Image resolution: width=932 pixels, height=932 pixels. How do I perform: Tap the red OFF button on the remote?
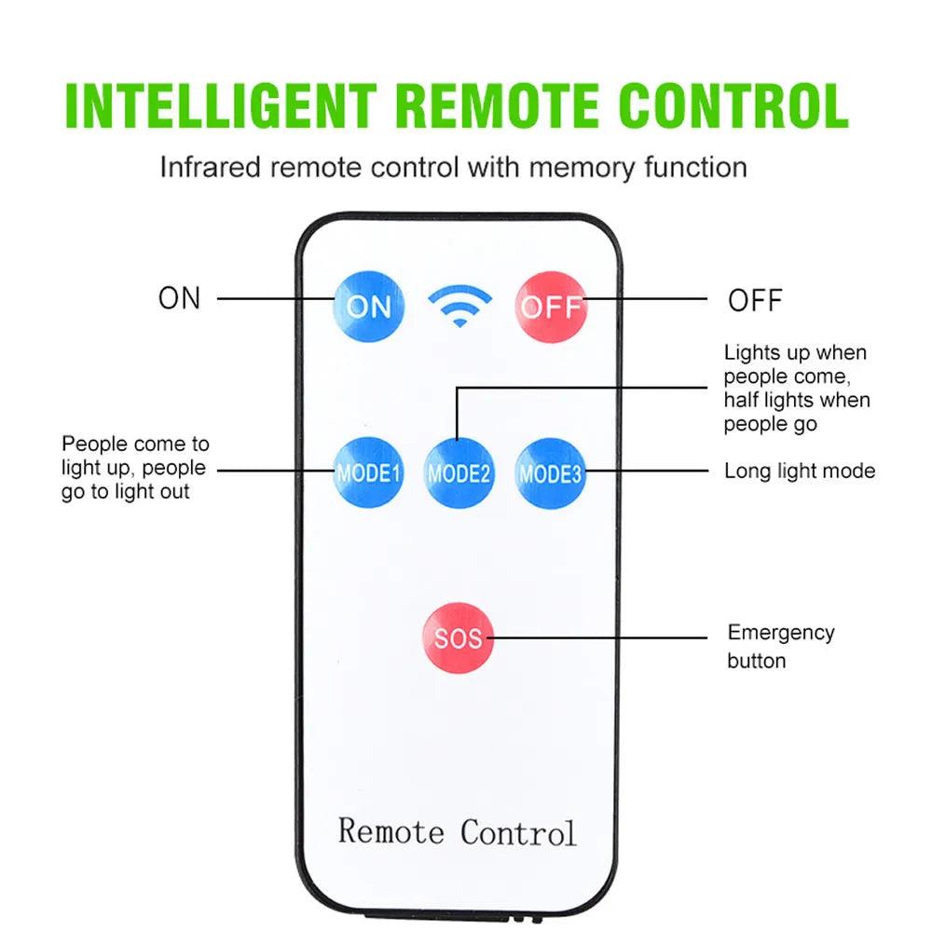[552, 306]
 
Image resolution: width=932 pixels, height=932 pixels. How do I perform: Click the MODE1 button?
[369, 473]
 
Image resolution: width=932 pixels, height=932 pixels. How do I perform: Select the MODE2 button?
[459, 473]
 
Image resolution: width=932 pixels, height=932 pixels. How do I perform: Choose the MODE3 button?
[551, 473]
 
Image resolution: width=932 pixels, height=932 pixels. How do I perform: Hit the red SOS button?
[458, 638]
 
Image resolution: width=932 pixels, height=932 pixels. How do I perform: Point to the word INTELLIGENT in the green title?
[221, 106]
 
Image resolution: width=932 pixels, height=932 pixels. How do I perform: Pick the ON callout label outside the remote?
[180, 298]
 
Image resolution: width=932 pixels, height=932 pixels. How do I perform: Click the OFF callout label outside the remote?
[755, 300]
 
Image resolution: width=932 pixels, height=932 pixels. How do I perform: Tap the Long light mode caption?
[800, 471]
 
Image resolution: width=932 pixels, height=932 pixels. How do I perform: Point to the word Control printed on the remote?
[518, 830]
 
